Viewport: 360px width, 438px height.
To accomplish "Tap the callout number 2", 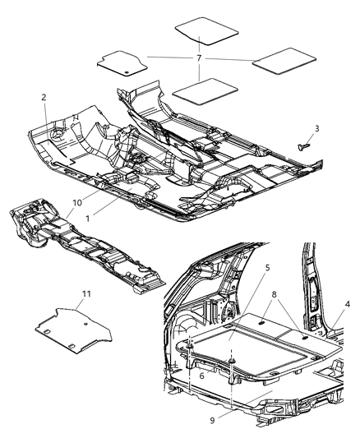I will [44, 98].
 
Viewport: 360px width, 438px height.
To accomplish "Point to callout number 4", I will [348, 305].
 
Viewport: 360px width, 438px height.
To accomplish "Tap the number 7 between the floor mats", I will [199, 58].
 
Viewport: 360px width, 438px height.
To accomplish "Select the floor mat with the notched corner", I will [121, 63].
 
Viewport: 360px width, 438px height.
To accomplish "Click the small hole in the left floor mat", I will [124, 71].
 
